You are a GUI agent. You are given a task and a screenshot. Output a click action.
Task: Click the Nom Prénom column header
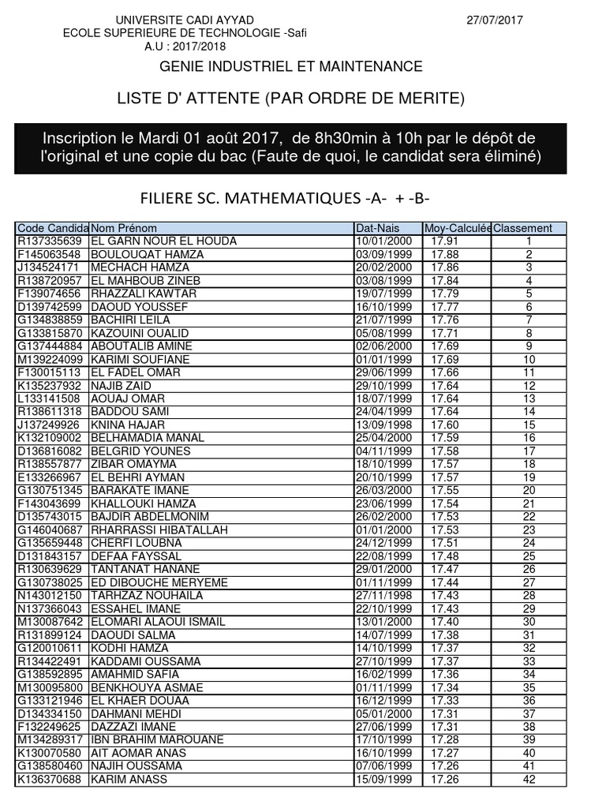click(123, 229)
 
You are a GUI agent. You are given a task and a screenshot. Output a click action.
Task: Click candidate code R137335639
click(49, 241)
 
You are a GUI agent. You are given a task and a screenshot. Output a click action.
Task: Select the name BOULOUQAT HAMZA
click(148, 254)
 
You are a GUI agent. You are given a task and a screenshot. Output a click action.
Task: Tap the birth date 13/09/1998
click(384, 425)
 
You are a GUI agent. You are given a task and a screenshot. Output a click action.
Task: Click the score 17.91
click(445, 241)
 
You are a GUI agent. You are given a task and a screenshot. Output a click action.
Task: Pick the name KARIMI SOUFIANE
click(140, 359)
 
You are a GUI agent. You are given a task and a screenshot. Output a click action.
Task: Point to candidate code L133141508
click(49, 398)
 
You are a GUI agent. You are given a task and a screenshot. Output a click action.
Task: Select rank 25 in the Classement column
click(529, 556)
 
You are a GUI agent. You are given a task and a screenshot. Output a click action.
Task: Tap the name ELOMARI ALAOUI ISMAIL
click(158, 622)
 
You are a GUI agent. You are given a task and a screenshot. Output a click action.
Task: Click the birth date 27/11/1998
click(384, 595)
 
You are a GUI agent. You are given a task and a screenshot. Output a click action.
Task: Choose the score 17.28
click(445, 739)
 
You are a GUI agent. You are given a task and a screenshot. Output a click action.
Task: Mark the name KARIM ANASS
click(129, 780)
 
